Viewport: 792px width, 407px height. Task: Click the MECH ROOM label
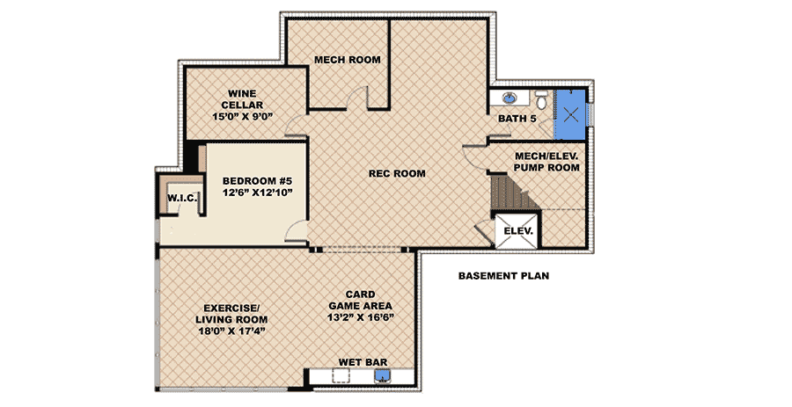coord(348,60)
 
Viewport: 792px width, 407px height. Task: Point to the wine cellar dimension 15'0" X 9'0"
coord(243,117)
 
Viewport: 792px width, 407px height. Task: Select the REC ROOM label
coord(397,173)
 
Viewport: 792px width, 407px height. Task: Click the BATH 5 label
coord(517,119)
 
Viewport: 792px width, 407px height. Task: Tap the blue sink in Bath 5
coord(510,98)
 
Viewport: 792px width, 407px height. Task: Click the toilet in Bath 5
coord(541,100)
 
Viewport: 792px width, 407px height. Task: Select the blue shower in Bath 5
coord(571,115)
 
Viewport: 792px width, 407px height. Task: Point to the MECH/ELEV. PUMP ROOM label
coord(546,162)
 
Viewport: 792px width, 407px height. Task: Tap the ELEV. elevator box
coord(518,231)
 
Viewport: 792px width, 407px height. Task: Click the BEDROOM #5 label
coord(257,181)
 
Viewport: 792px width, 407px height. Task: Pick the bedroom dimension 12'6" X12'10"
coord(258,193)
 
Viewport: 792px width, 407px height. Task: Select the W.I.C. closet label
coord(182,198)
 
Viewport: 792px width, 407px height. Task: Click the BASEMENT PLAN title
coord(503,276)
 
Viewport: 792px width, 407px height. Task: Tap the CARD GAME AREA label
coord(360,300)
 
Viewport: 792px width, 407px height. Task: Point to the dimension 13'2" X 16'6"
coord(360,317)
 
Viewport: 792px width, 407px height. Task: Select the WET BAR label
coord(363,362)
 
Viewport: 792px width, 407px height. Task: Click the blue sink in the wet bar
coord(382,375)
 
